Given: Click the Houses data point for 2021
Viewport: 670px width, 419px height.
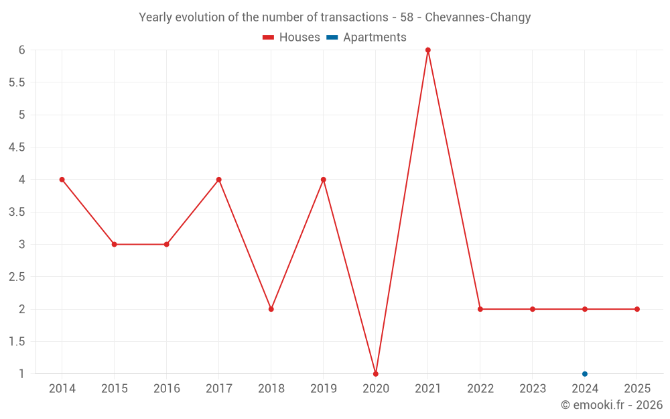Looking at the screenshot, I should click(x=428, y=50).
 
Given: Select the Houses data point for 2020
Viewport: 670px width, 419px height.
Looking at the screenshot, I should click(x=376, y=373).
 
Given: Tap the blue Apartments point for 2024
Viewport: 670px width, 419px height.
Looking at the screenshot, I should click(x=585, y=373).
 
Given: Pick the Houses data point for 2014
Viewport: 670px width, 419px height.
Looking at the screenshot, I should click(x=62, y=180).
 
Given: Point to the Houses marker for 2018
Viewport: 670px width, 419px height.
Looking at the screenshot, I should click(x=271, y=309).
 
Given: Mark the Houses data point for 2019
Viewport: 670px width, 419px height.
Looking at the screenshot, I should click(x=324, y=180).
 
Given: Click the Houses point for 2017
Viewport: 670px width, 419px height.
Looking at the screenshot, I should click(x=219, y=180).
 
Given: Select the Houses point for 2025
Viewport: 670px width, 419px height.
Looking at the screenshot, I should click(x=637, y=309).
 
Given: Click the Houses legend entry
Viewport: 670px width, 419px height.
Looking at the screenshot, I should click(x=291, y=38).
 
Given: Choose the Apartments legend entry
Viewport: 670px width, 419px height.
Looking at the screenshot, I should click(x=366, y=38).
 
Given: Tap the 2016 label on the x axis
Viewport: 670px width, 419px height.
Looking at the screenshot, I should click(x=167, y=389).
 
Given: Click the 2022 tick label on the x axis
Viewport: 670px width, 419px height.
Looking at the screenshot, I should click(x=480, y=389).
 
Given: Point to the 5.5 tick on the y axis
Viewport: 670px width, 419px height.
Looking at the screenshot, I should click(x=17, y=82).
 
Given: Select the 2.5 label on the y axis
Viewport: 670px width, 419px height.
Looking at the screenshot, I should click(x=17, y=277).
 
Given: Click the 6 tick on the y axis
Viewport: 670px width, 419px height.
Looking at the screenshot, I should click(x=22, y=50).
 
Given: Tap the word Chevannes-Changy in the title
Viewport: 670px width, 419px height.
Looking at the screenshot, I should click(x=478, y=17).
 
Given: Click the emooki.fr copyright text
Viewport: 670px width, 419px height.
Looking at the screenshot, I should click(x=612, y=405).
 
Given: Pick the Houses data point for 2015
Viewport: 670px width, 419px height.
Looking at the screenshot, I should click(x=115, y=244).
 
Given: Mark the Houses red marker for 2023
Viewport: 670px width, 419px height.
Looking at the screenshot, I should click(x=533, y=309).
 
